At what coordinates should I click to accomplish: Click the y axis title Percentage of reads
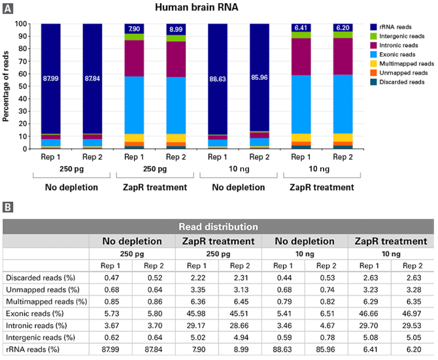point(7,86)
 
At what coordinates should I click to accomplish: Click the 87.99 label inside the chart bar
point(51,79)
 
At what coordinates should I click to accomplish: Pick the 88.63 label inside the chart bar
point(218,79)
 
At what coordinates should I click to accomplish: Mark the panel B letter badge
point(7,207)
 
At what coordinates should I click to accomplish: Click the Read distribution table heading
point(218,227)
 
